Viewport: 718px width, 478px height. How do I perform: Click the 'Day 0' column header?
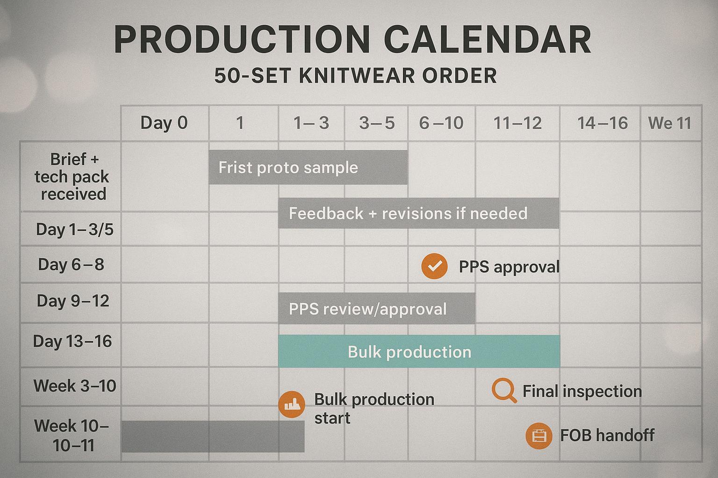coord(164,123)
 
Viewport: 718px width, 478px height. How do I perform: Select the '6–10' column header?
coord(441,123)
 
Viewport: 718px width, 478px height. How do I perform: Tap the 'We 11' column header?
coord(669,123)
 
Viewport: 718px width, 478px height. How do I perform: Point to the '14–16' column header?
coord(602,123)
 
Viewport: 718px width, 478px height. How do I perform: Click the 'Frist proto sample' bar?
coord(308,167)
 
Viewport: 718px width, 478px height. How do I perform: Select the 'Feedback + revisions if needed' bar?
coord(418,213)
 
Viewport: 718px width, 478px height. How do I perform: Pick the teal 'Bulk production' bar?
coord(419,351)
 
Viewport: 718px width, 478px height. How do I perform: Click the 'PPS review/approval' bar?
coord(376,309)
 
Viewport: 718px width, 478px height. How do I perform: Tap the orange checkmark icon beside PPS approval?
coord(434,266)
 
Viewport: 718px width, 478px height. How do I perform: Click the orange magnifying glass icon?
coord(504,390)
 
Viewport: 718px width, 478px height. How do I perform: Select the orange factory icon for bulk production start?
coord(292,404)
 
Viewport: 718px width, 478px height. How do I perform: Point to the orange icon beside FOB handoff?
coord(539,436)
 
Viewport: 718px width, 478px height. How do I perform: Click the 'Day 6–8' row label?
coord(71,265)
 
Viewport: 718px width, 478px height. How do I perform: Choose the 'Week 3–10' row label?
coord(75,386)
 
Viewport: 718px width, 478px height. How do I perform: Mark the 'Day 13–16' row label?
coord(72,341)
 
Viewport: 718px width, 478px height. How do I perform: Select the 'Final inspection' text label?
coord(582,391)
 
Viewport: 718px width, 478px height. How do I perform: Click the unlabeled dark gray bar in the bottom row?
coord(213,436)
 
